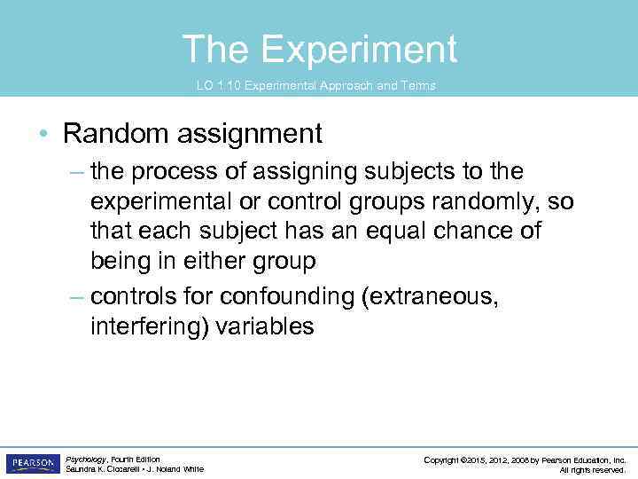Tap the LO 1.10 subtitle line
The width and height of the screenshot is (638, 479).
[315, 85]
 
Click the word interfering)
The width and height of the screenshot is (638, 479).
[150, 326]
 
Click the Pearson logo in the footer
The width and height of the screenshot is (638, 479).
[31, 463]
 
